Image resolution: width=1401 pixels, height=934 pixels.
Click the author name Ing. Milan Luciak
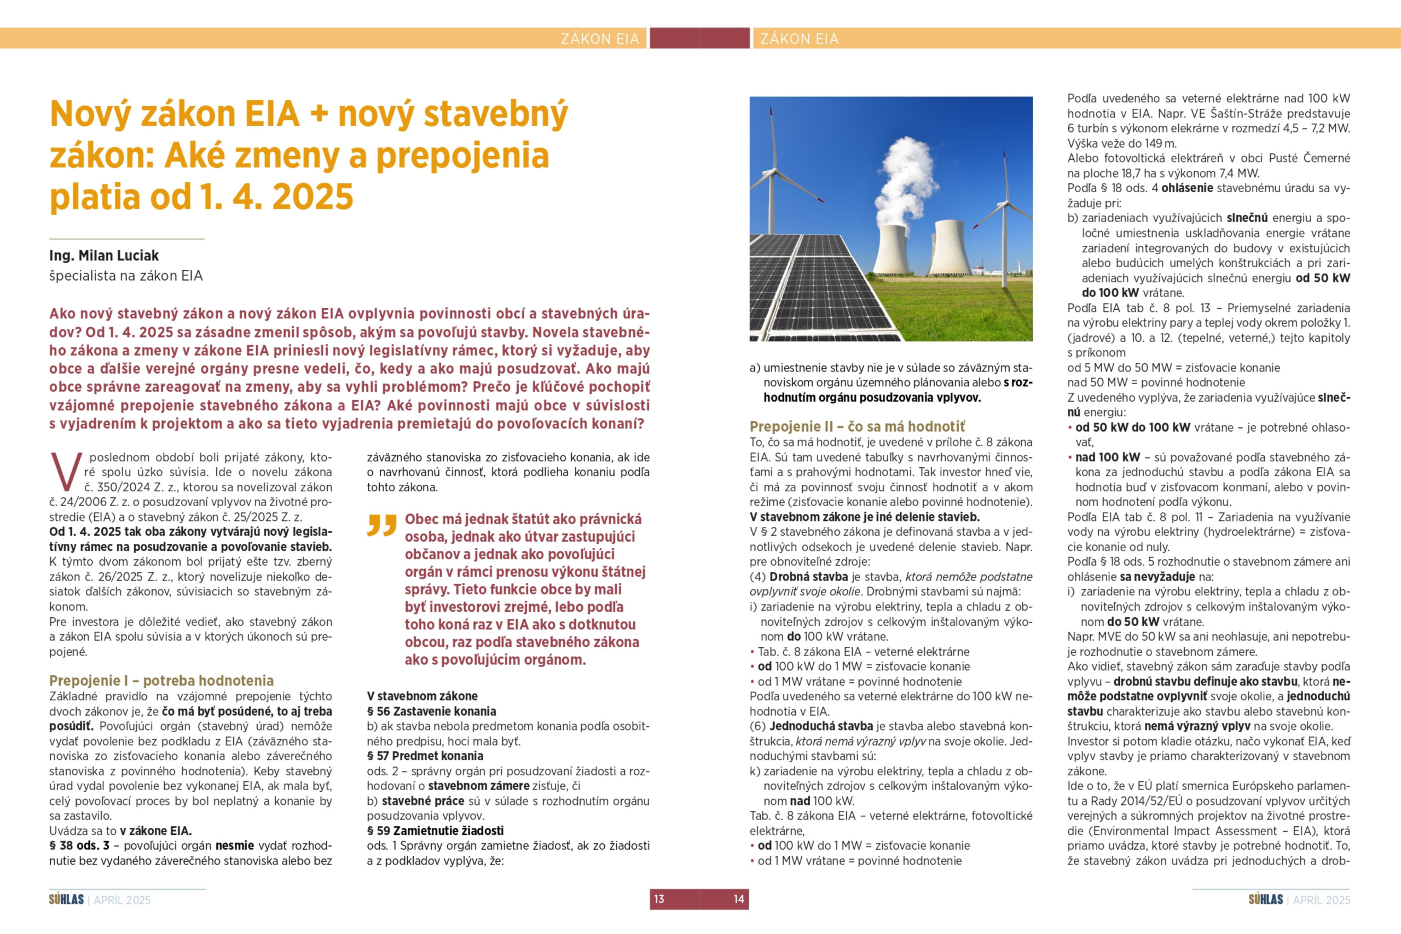pos(103,256)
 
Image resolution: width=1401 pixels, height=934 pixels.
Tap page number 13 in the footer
pos(659,899)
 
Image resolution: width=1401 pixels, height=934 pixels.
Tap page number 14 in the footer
pos(739,899)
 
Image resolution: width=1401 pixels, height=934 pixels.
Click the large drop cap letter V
pos(66,471)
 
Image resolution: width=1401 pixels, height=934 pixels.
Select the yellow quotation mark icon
pos(382,525)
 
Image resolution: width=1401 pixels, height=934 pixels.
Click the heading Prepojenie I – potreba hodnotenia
pos(161,680)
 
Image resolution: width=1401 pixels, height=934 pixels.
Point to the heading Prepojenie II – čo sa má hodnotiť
pos(856,426)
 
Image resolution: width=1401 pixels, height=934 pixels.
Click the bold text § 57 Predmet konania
pos(425,756)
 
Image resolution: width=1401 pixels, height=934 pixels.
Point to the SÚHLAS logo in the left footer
pos(66,900)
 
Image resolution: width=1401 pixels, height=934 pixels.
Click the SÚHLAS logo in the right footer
pos(1265,900)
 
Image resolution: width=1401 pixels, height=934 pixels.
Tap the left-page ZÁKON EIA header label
pos(599,39)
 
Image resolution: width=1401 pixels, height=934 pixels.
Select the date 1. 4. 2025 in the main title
pos(276,196)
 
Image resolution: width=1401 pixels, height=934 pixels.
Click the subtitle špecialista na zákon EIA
pos(126,276)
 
